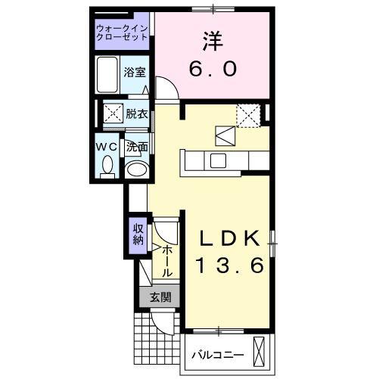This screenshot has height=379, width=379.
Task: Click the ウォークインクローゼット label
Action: [x=122, y=35]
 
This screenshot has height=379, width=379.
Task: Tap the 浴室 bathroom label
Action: [x=136, y=73]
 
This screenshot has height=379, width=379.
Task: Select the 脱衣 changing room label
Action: [x=137, y=113]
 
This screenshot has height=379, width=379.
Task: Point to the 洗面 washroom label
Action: [x=136, y=147]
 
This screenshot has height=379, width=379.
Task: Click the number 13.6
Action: [x=231, y=266]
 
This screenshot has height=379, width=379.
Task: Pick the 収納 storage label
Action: [x=138, y=235]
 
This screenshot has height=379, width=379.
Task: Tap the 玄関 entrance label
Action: [x=159, y=297]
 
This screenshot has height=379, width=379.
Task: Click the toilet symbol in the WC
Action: [x=107, y=164]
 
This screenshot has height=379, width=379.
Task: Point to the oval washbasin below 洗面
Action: [x=136, y=169]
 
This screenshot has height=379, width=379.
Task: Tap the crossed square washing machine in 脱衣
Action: [x=113, y=115]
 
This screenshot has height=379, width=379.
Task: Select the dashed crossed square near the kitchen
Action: [x=247, y=115]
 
